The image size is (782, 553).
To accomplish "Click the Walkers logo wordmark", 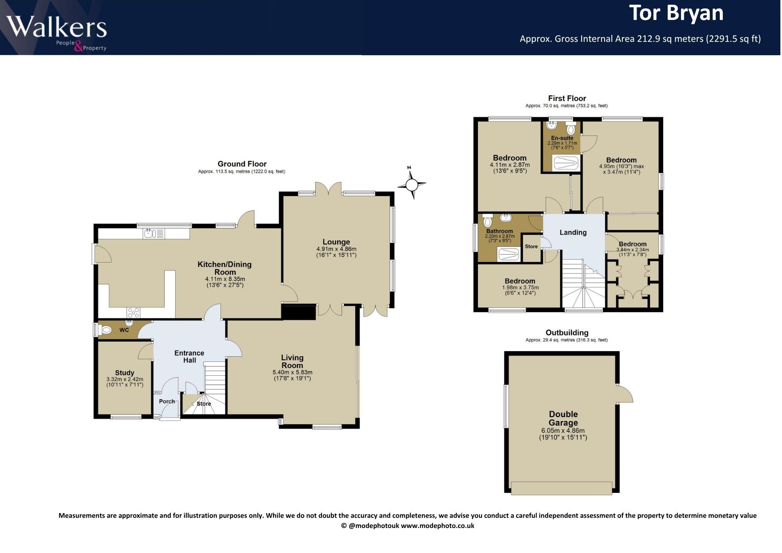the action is (x=57, y=27).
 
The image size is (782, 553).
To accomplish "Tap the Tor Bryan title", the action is (x=676, y=13).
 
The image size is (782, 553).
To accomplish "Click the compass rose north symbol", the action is (x=411, y=183).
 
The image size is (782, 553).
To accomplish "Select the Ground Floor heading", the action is (x=242, y=164).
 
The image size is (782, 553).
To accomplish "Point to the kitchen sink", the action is (x=154, y=234).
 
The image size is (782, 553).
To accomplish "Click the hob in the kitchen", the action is (x=133, y=312).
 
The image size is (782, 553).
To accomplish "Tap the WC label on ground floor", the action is (x=124, y=330).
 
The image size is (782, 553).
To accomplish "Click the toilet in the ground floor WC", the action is (x=105, y=330).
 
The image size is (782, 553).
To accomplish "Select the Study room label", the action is (x=125, y=373).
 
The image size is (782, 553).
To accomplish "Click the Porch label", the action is (x=167, y=401).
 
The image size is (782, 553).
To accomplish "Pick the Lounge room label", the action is (x=336, y=242).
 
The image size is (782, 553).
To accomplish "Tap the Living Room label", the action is (x=292, y=361).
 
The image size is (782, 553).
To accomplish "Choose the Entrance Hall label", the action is (x=189, y=357).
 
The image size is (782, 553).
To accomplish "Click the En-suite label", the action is (x=562, y=138).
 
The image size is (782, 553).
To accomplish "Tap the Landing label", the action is (x=573, y=232).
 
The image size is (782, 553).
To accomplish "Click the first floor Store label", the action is (x=531, y=246).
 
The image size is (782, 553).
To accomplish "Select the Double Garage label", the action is (x=563, y=418).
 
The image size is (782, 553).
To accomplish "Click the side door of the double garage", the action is (x=624, y=393).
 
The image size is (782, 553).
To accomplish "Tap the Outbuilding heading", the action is (x=567, y=333).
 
